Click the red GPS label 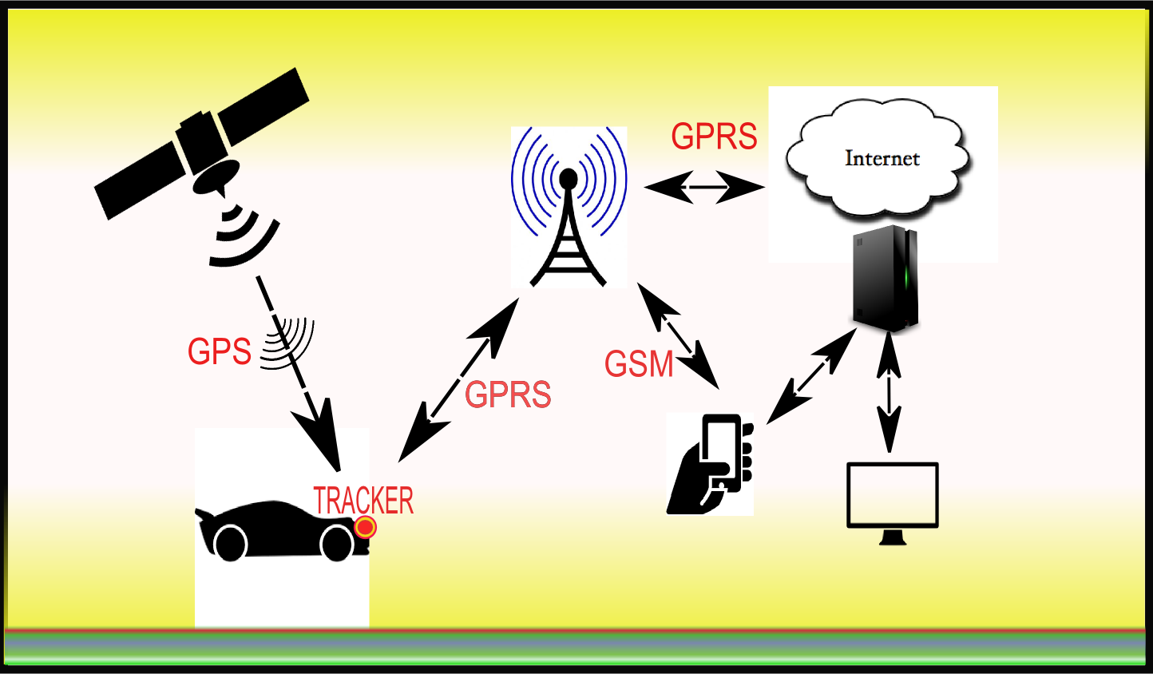(219, 351)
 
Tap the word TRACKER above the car (363, 501)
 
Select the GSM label (639, 364)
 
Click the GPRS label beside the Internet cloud (714, 137)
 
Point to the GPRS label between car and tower (508, 394)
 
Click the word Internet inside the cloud (882, 158)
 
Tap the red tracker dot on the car (366, 527)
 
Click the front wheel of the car (337, 544)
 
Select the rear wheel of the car (231, 544)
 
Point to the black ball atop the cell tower (569, 178)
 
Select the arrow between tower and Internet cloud (704, 188)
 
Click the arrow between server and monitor (888, 393)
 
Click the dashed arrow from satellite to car (300, 375)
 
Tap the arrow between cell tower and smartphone (678, 335)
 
